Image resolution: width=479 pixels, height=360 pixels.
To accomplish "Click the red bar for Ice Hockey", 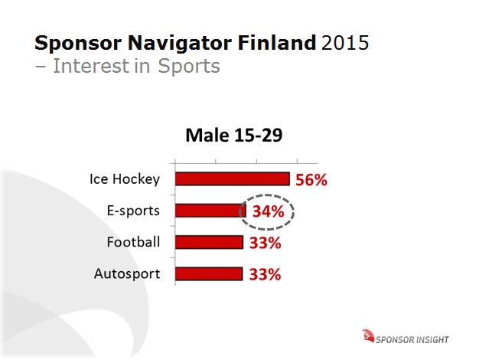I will click(232, 179).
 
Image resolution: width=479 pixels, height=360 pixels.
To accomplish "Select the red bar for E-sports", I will click(208, 211).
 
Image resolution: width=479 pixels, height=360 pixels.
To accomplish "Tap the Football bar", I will click(209, 243).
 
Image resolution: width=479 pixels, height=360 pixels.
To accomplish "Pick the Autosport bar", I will click(209, 274).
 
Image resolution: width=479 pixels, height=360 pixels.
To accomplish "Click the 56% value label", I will click(311, 181).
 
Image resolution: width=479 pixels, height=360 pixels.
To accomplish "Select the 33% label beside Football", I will click(265, 244).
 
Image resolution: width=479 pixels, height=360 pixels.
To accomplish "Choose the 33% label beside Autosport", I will click(265, 275).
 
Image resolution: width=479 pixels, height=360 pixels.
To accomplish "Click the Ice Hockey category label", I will click(124, 179).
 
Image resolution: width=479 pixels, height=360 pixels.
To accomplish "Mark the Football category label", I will click(133, 242).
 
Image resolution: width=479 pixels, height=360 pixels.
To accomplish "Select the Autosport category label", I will click(127, 273).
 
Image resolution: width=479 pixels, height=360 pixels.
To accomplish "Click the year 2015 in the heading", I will click(344, 42).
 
